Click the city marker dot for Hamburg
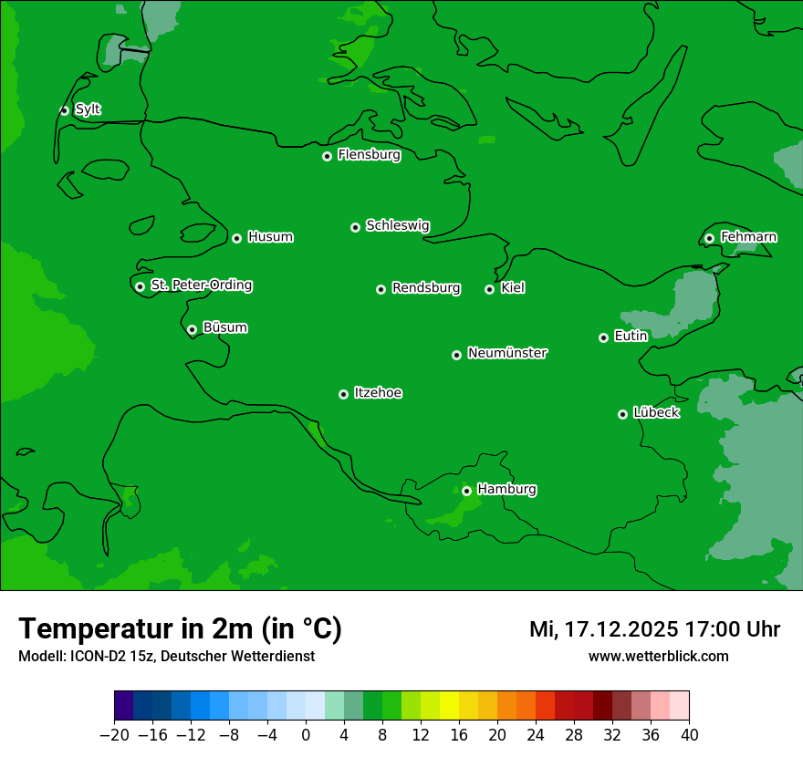point(466,491)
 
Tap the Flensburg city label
point(369,155)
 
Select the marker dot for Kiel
point(489,289)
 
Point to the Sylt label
point(88,109)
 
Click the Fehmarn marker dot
point(709,238)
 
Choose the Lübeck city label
point(656,413)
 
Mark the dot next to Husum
point(236,238)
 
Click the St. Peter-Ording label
point(201,285)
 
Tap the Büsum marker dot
point(192,329)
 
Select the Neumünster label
point(507,353)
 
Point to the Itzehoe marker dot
point(343,394)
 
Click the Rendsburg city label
point(426,288)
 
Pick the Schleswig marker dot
point(355,227)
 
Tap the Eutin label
point(631,337)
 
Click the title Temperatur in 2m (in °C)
point(180,629)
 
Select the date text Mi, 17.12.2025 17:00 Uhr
point(654,629)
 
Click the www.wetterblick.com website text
point(658,657)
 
